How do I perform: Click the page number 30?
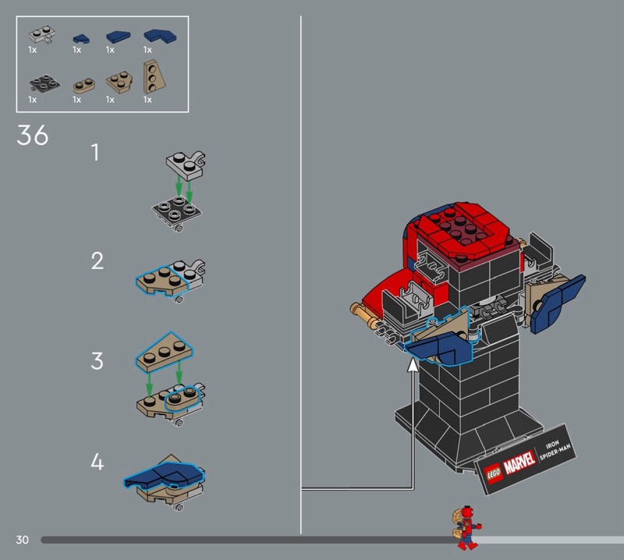point(23,540)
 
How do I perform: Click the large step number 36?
point(33,135)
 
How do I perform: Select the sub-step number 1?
point(95,152)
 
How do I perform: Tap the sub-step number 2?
point(97,261)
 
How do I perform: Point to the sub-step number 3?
point(97,361)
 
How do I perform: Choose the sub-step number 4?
point(97,462)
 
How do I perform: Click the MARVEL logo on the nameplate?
point(519,462)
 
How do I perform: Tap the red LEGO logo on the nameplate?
point(494,473)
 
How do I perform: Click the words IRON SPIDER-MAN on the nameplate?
point(555,450)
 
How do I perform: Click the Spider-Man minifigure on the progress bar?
point(466,528)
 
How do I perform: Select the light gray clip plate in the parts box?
point(41,35)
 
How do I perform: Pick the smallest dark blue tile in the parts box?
point(81,38)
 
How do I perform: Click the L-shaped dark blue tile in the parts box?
point(160,36)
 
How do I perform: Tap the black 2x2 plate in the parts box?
point(44,83)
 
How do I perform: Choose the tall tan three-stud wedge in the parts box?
point(154,76)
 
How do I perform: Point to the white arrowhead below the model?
point(413,365)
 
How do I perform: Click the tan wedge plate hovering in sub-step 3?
point(165,352)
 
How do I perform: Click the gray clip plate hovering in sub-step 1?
point(186,164)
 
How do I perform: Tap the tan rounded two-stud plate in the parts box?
point(83,86)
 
